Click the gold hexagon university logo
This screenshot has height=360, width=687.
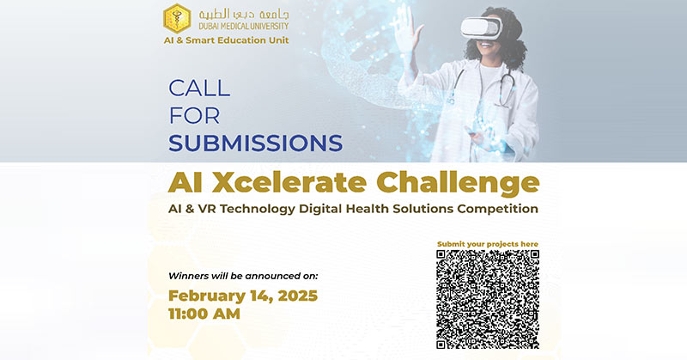[177, 18]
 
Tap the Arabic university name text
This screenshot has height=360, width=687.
[244, 15]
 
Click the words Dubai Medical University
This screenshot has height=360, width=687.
[244, 27]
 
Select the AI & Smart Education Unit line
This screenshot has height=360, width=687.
[226, 40]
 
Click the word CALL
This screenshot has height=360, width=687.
[199, 88]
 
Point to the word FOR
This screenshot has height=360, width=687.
[194, 116]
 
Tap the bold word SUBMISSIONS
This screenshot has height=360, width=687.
[255, 143]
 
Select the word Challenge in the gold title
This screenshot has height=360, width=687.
[458, 183]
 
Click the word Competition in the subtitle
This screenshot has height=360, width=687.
[498, 209]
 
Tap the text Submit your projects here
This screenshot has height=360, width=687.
[488, 244]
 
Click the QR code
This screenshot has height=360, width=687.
[488, 300]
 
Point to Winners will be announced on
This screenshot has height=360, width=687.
[243, 277]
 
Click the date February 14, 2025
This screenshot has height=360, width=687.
[243, 296]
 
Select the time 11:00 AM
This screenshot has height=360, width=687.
[204, 314]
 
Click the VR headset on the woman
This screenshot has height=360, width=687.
[481, 27]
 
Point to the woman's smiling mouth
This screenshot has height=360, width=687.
[485, 44]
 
